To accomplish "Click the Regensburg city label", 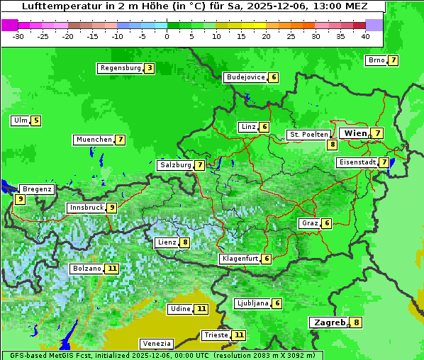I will point(120,68).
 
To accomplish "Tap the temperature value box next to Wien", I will point(378,133).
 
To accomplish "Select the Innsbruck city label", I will point(86,208).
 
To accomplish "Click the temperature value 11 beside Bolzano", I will point(112,269).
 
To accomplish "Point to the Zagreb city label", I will point(328,322).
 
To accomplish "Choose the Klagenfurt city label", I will point(239,259).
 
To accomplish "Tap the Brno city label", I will point(376,60).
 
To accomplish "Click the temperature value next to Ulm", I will point(36,120).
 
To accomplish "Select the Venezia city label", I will point(155,343).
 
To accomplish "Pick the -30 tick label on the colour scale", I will point(18,36).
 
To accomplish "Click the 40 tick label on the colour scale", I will point(365,36).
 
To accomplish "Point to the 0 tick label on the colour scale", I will point(167,36).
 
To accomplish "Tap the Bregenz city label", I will point(37,189).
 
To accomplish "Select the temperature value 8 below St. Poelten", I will point(332,145).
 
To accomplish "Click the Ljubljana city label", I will point(252,303).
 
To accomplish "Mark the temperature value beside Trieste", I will point(239,334).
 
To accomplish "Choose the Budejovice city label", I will point(245,77).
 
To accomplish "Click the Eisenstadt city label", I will point(357,162).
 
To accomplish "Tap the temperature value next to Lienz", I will point(185,242).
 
